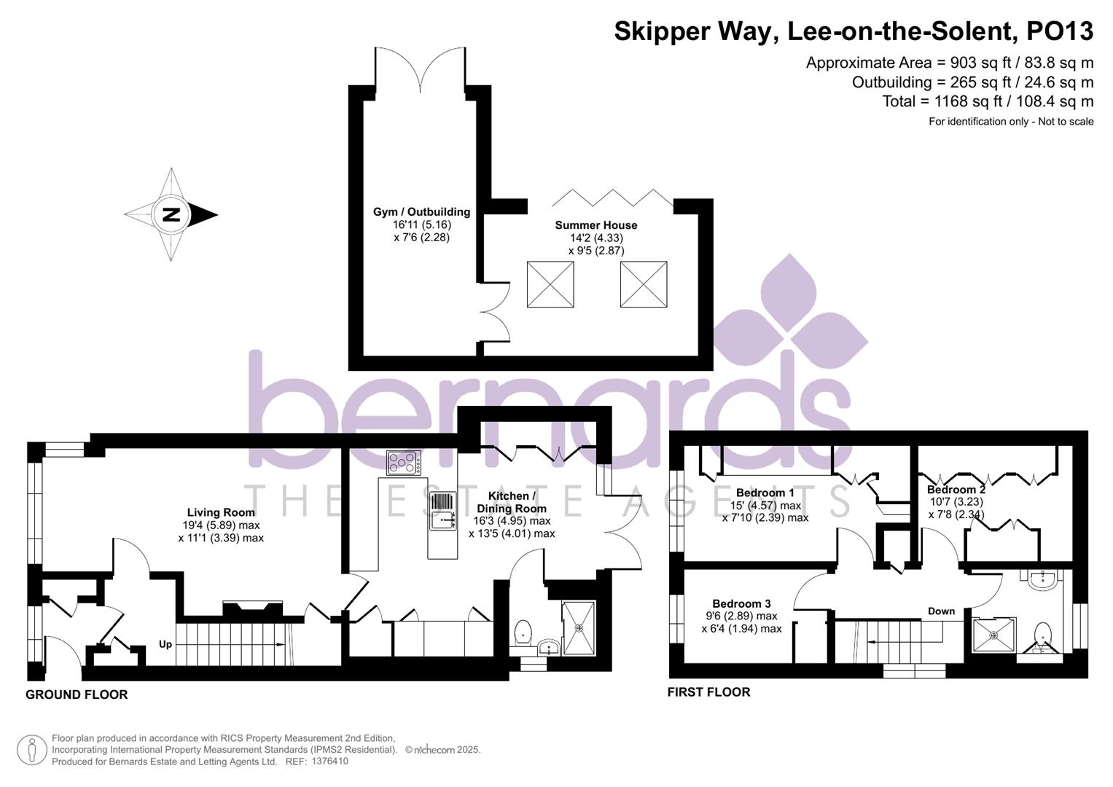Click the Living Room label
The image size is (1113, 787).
click(221, 512)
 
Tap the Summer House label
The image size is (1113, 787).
click(595, 225)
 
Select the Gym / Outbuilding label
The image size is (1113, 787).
click(421, 212)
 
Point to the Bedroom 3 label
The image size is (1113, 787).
click(741, 603)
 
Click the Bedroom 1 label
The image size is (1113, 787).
click(765, 493)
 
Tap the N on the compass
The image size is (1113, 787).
click(171, 215)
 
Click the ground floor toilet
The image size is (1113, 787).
click(523, 633)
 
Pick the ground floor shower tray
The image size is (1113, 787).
click(578, 628)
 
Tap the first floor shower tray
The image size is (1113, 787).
click(993, 635)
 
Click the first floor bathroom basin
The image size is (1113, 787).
click(1041, 579)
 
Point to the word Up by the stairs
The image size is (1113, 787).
click(165, 644)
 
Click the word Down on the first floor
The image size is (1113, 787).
click(941, 611)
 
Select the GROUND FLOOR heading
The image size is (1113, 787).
click(77, 694)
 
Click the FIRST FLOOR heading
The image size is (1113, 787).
click(708, 692)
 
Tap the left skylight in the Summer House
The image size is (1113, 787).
click(550, 284)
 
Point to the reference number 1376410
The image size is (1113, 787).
click(330, 761)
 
